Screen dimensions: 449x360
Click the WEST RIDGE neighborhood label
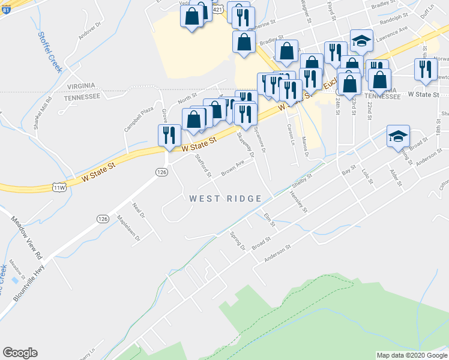[225, 199]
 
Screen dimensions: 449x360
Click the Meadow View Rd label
[27, 238]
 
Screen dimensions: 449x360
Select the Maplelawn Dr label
[128, 229]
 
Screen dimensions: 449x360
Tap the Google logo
[20, 353]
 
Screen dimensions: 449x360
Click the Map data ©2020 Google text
[412, 355]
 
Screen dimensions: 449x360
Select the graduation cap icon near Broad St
[398, 136]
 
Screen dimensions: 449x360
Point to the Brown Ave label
[232, 164]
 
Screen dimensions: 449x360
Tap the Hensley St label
[298, 202]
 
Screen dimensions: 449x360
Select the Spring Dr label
[238, 241]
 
